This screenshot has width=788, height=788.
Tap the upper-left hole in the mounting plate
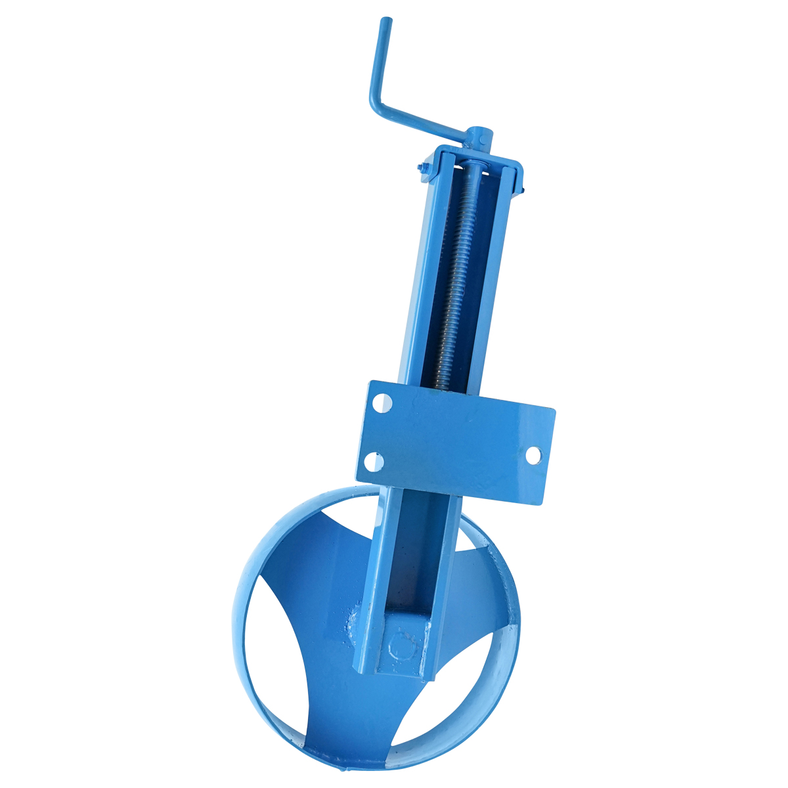point(381,402)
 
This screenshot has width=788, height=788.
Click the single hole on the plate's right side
point(534,454)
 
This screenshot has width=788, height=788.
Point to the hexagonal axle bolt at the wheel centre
point(402,647)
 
